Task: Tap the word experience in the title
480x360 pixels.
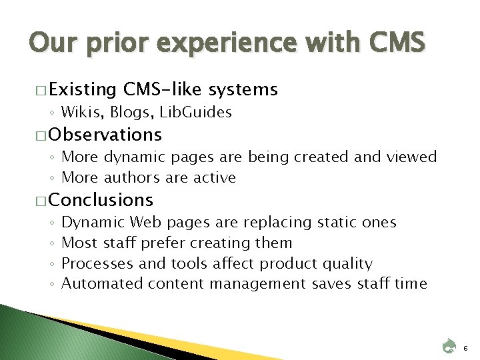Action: (205, 45)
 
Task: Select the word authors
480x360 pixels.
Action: (141, 177)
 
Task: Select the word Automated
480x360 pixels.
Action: (102, 283)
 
